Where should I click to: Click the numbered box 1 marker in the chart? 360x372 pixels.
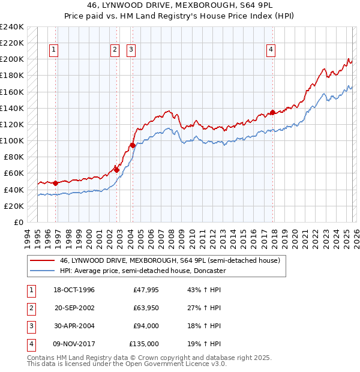pos(55,50)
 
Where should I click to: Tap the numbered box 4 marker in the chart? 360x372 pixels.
pos(271,50)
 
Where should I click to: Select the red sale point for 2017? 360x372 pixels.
pos(272,112)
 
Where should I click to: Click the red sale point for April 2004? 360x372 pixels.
pos(132,145)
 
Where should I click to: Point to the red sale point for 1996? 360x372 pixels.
pos(56,183)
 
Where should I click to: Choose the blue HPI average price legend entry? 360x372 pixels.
pos(142,271)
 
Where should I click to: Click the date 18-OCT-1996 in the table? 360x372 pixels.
pos(74,290)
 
